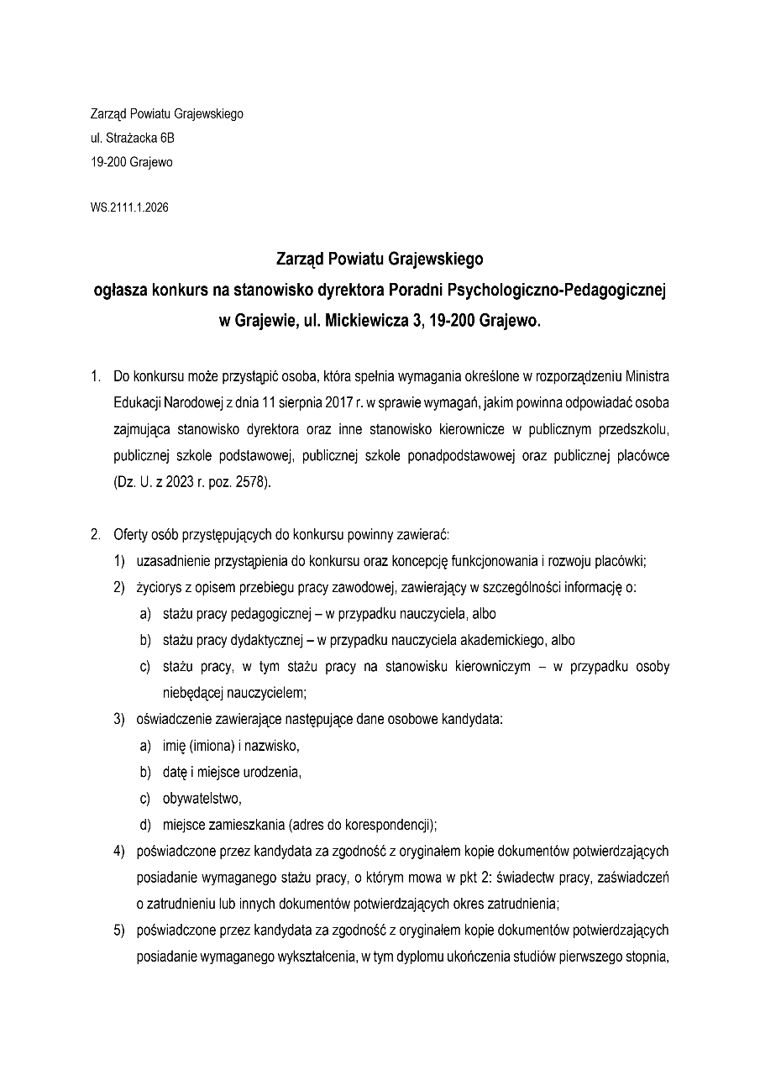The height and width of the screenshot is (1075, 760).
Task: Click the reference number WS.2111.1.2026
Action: click(x=129, y=207)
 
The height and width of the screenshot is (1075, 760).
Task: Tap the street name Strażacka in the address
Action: click(x=130, y=139)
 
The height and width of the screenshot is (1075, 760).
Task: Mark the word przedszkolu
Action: click(x=634, y=430)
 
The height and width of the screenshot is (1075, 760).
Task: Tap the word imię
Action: click(x=174, y=746)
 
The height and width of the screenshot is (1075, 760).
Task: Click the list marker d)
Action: click(x=145, y=824)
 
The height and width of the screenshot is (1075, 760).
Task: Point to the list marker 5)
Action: click(x=120, y=930)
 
